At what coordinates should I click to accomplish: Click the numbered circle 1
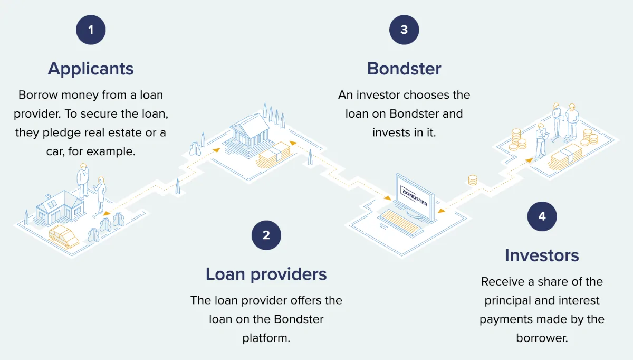[91, 30]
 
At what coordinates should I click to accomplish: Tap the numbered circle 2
[266, 235]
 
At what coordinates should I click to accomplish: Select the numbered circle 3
[404, 30]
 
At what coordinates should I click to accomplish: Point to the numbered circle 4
[542, 216]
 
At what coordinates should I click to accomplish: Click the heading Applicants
[91, 69]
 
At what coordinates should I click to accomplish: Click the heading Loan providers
[266, 274]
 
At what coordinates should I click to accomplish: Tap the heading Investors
[542, 255]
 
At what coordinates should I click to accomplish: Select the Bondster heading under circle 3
[404, 69]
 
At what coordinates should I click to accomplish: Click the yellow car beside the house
[64, 236]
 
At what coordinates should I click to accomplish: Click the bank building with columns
[249, 134]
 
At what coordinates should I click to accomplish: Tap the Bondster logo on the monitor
[415, 196]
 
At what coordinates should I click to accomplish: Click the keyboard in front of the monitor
[401, 222]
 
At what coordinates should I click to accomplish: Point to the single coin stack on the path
[473, 180]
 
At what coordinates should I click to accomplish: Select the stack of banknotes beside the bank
[274, 155]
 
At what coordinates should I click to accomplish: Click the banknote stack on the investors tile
[565, 157]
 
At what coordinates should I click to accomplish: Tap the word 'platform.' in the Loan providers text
[266, 338]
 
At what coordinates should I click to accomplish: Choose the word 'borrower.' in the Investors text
[542, 338]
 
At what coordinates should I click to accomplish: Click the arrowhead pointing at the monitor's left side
[388, 198]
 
